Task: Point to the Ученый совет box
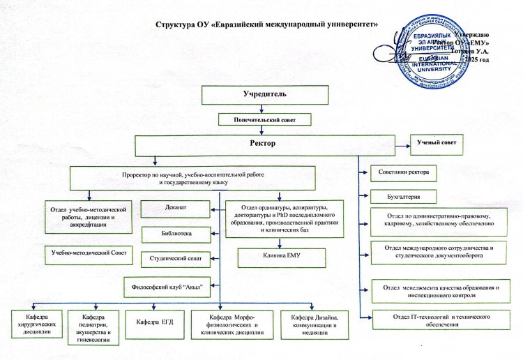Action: (x=437, y=143)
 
